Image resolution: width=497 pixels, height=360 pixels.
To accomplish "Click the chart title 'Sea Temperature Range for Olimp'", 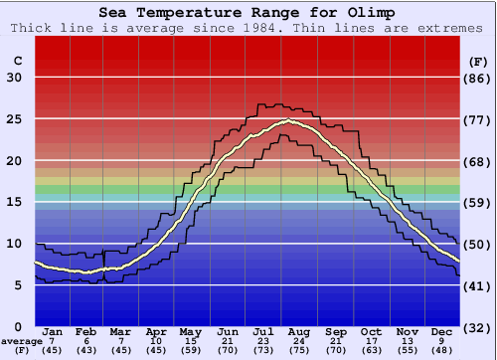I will (248, 12).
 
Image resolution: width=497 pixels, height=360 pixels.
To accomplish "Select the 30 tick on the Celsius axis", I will (15, 78).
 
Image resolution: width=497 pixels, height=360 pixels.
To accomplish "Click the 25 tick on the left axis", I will (15, 119).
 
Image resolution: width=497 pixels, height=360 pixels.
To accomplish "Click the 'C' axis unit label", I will (17, 62).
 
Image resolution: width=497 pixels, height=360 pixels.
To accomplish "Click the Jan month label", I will (54, 331).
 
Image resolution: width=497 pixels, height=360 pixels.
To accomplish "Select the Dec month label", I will (441, 331).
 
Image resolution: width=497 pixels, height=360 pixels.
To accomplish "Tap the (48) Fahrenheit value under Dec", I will (441, 351).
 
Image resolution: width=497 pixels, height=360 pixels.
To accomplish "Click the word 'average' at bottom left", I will (21, 341).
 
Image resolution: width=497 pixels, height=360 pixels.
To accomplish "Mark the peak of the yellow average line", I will (288, 121).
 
